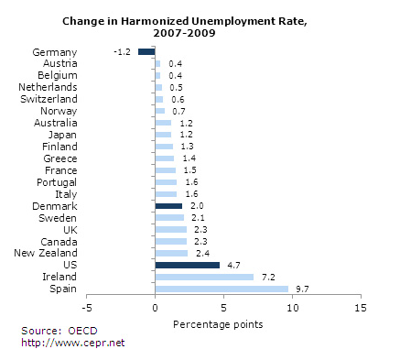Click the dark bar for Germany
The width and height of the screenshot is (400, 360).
coord(146,52)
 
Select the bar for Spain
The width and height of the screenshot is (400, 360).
coord(222,289)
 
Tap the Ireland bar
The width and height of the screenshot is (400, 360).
coord(205,277)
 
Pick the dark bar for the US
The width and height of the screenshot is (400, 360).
coord(188,265)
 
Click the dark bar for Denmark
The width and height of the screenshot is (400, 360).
coord(169,205)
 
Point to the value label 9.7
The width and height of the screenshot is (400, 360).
coord(302,289)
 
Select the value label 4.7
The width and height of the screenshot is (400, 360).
coord(233,265)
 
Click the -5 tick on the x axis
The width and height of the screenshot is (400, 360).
coord(87,308)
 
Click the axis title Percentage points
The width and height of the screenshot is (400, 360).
coord(218,324)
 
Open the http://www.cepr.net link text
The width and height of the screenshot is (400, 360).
coord(73,343)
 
